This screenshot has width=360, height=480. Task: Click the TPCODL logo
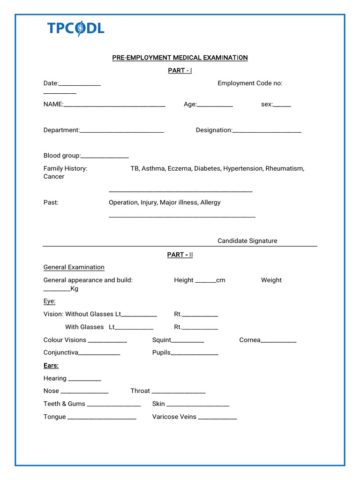tap(75, 29)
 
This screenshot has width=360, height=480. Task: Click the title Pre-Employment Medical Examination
tap(180, 58)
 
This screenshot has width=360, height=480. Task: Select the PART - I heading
tap(180, 70)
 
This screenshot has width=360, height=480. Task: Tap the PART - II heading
tap(180, 255)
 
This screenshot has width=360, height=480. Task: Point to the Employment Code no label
tap(250, 83)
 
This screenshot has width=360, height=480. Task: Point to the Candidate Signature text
tap(247, 241)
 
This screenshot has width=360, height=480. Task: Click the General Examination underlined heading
tap(74, 267)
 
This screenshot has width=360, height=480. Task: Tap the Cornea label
tap(249, 340)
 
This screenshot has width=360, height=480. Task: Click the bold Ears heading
tap(51, 366)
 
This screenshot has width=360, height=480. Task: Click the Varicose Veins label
tap(174, 417)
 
